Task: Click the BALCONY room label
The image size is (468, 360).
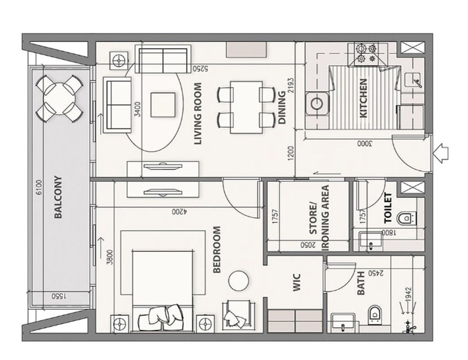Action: [x=58, y=197]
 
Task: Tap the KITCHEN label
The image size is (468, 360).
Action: [x=363, y=98]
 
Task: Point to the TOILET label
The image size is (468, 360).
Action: [x=388, y=208]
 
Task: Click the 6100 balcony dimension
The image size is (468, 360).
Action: [x=39, y=187]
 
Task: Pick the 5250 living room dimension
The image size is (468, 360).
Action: [x=200, y=68]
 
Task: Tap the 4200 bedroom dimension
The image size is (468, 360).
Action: [x=179, y=211]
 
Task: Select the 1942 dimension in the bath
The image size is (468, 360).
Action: [x=408, y=295]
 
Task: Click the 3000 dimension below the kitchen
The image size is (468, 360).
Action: [x=365, y=143]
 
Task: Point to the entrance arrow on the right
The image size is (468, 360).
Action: [x=441, y=153]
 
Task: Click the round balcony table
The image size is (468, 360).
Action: [x=59, y=99]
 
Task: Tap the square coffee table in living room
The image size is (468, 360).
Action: [x=163, y=105]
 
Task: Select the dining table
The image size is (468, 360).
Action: [x=246, y=107]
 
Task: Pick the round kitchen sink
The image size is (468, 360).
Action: [x=316, y=104]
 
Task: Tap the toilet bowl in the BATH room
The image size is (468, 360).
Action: [x=373, y=314]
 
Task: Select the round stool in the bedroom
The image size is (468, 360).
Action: [x=239, y=280]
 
